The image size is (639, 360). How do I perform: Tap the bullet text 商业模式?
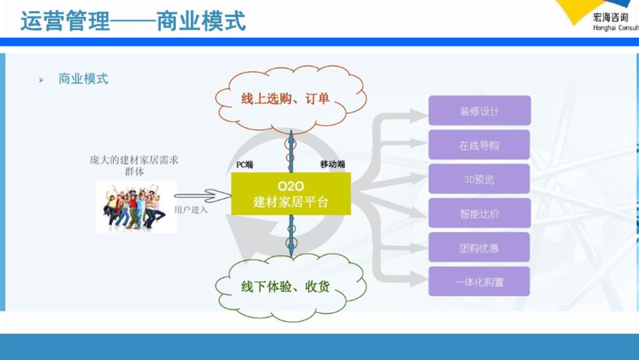[x=83, y=79]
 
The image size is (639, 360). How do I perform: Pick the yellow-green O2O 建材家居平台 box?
[x=291, y=194]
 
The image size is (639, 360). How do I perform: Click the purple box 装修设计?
[x=479, y=111]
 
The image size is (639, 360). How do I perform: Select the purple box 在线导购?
[x=479, y=145]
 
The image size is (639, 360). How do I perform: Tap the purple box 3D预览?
[x=479, y=179]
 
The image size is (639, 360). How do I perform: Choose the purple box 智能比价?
[x=479, y=213]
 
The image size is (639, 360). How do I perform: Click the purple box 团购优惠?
[x=479, y=247]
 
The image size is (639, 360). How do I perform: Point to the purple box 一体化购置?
[x=479, y=282]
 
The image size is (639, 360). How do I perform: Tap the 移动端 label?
[x=333, y=165]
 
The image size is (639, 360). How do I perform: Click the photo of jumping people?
[x=135, y=207]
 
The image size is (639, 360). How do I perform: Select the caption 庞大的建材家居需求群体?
[x=134, y=165]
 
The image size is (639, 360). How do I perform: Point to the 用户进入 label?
[x=191, y=210]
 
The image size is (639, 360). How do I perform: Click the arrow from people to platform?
[x=202, y=195]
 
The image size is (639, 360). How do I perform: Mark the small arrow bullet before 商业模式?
[x=41, y=79]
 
